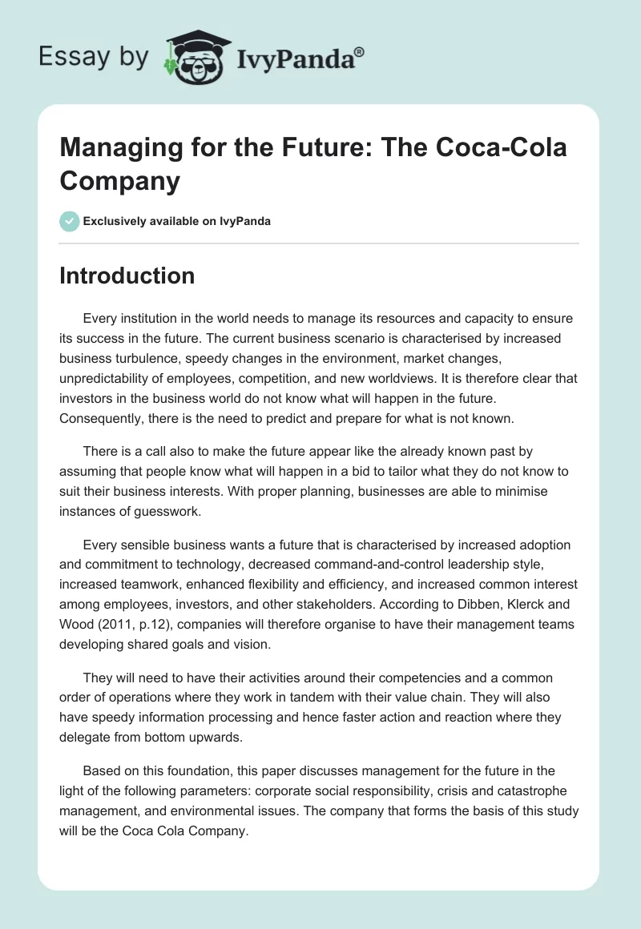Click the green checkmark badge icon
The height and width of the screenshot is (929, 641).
click(x=70, y=221)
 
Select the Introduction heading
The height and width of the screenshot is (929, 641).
click(x=127, y=275)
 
